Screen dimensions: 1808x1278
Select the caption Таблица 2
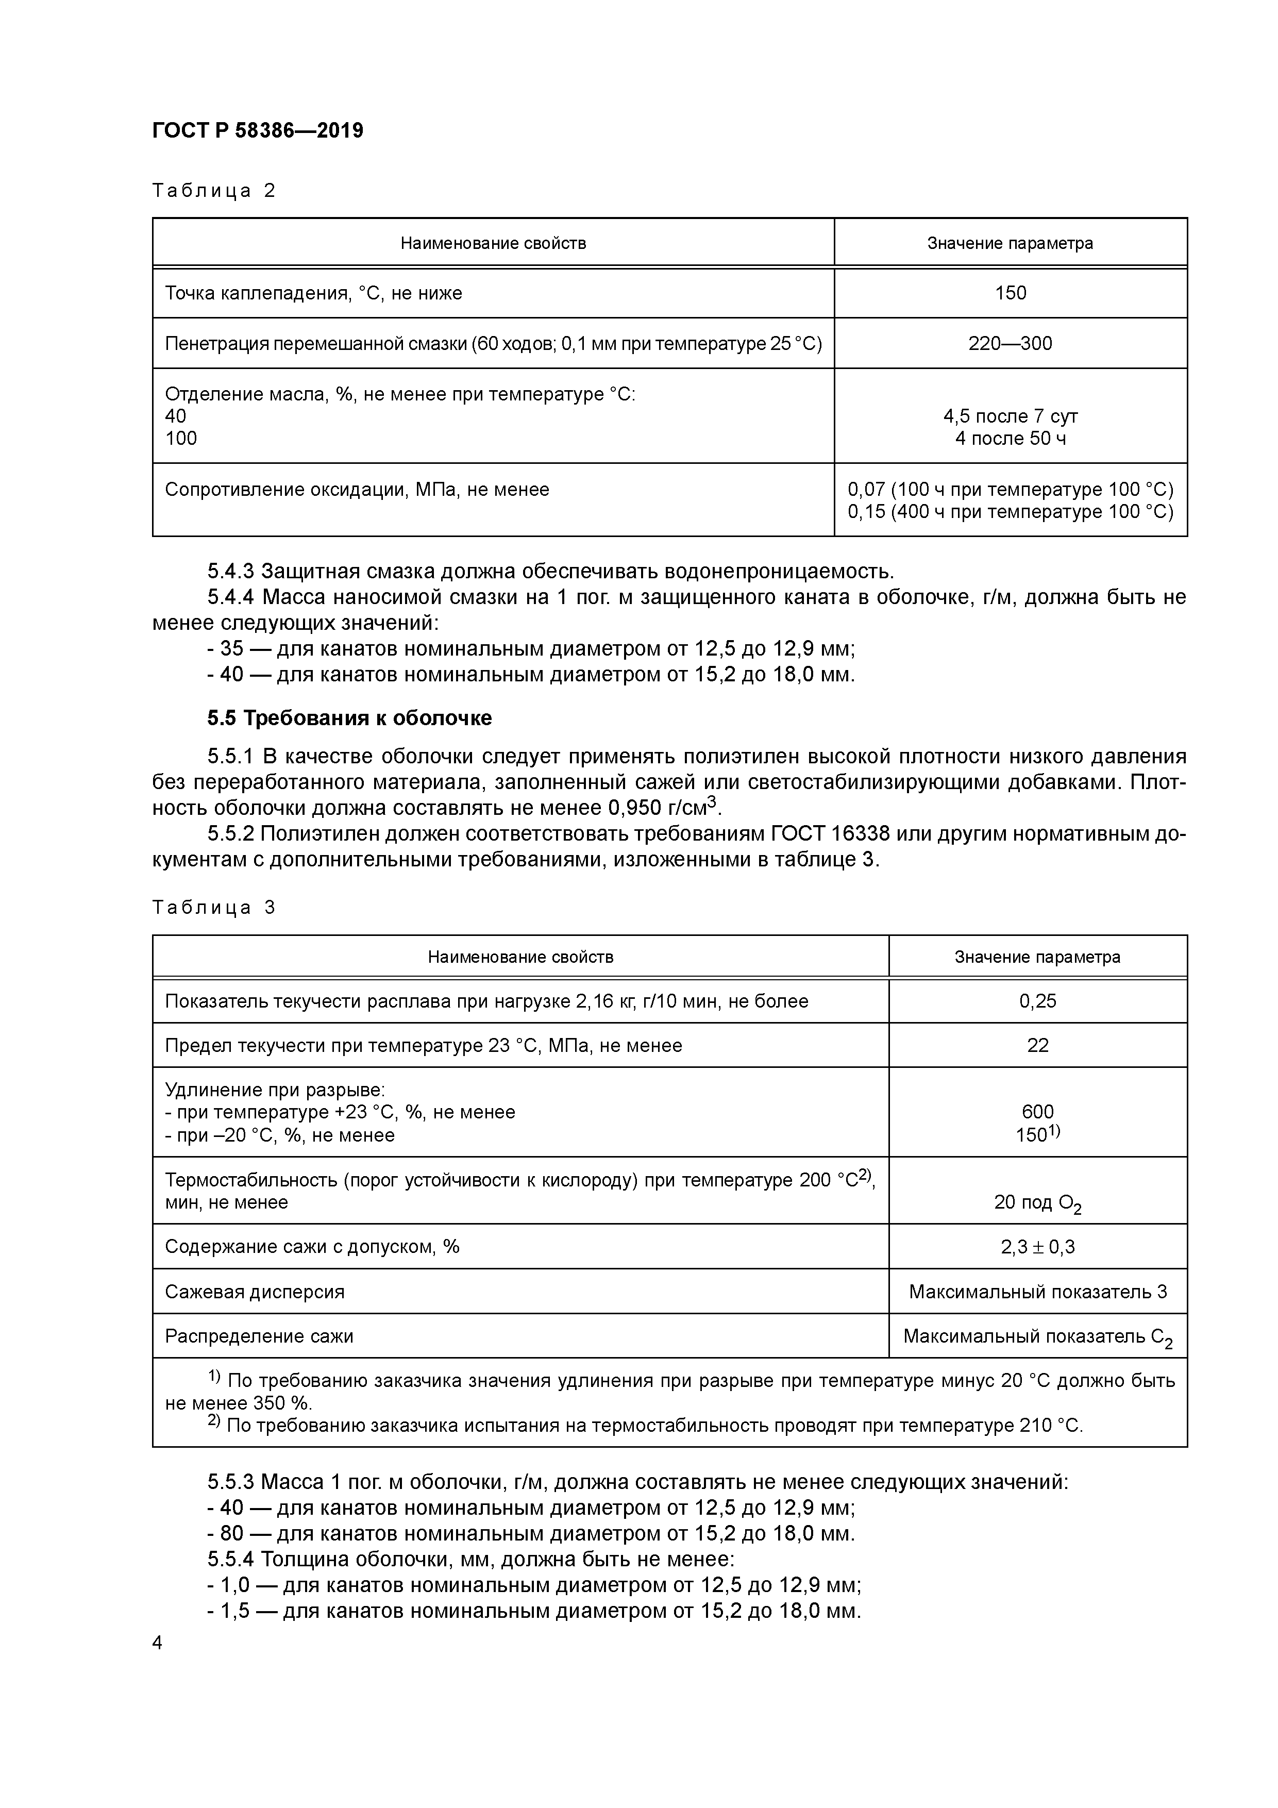213,191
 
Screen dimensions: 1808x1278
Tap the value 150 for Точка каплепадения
1010,293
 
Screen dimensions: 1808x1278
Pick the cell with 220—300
1010,343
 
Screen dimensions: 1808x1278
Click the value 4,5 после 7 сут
1010,416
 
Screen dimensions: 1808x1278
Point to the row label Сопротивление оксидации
357,490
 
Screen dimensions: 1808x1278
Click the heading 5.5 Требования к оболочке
349,718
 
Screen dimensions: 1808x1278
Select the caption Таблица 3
213,907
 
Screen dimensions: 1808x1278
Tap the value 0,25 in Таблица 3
1037,1001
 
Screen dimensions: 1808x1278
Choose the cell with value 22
1037,1045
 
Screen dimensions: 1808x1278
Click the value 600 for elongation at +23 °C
1037,1111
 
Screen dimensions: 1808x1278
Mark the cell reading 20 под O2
1037,1202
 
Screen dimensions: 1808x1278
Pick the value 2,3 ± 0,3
1037,1247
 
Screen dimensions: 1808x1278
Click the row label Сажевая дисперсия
255,1292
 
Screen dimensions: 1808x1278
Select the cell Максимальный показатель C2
1037,1336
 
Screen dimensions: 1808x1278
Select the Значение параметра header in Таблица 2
1010,243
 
